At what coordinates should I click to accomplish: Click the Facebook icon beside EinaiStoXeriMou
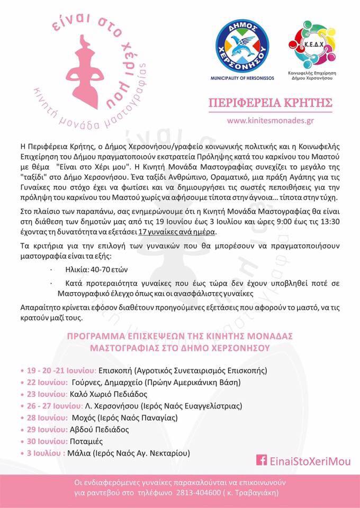[260, 460]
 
